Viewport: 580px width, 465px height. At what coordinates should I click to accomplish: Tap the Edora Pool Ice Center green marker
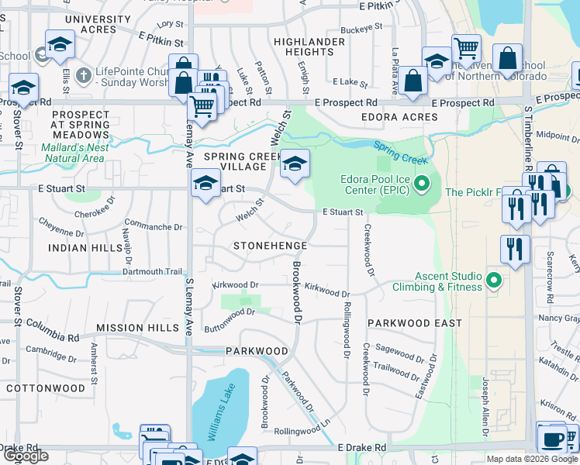click(422, 184)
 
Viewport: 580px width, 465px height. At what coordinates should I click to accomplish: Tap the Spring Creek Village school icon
click(295, 164)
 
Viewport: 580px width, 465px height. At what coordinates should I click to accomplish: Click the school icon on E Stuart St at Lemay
click(205, 184)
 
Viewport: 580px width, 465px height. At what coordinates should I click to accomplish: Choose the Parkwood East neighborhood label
click(415, 322)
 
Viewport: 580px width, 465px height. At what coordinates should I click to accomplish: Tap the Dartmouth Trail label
click(152, 271)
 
